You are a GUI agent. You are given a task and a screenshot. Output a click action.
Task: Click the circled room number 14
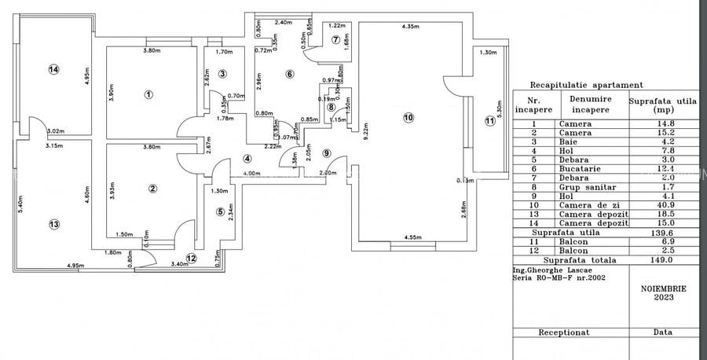53,69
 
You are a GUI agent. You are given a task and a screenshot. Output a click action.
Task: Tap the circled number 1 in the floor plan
148,94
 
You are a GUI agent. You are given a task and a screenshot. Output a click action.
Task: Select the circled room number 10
408,117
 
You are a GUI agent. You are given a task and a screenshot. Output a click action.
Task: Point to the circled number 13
53,224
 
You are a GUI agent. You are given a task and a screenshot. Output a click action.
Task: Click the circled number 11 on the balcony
490,121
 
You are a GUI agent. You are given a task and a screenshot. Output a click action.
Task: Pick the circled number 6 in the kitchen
289,74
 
